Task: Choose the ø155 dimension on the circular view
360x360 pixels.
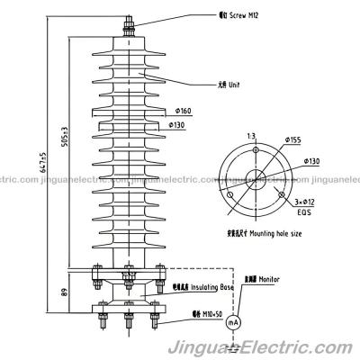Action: pos(293,139)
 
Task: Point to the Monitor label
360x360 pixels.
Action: pos(257,280)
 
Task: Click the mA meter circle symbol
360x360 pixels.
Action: pos(232,321)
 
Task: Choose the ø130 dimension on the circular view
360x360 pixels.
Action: pos(310,161)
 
